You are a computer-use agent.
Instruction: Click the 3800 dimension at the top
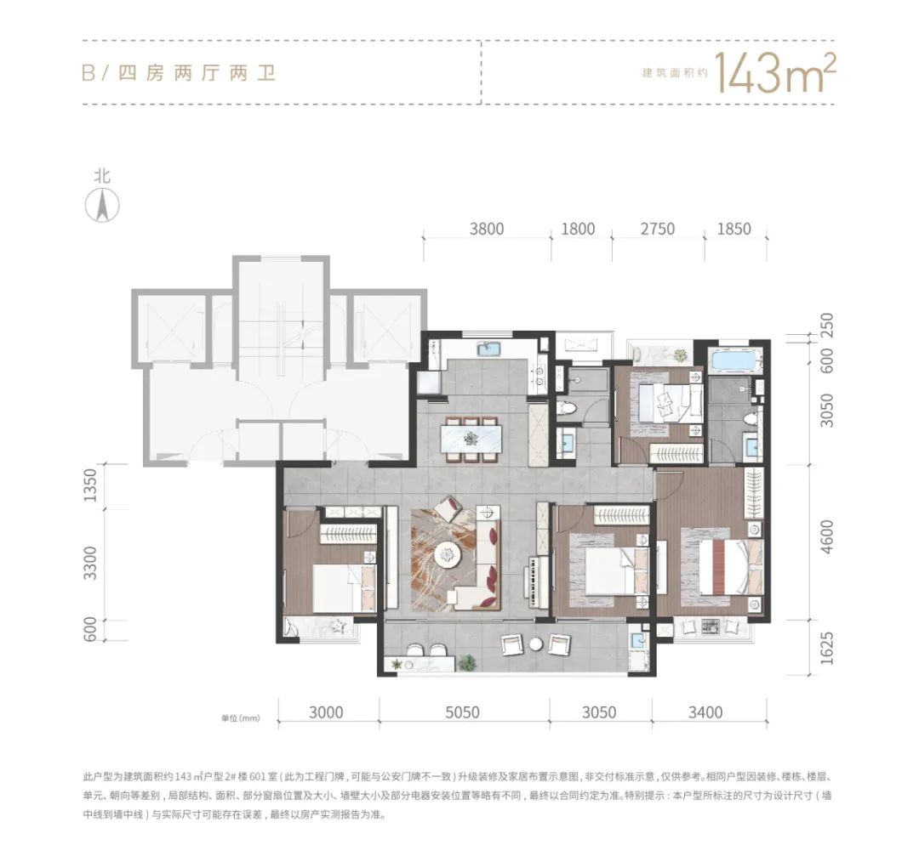pos(487,229)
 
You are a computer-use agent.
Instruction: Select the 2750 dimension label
pos(658,229)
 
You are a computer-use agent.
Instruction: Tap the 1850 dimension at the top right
pos(733,229)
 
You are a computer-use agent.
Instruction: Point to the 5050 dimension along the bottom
pos(462,712)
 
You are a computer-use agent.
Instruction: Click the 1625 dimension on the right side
pos(825,648)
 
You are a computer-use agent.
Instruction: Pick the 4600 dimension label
pos(825,537)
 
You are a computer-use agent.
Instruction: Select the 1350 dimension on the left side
pos(89,485)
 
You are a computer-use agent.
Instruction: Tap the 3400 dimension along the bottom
pos(705,712)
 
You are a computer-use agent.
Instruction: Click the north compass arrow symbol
pos(103,206)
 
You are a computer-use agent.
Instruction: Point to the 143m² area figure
pos(773,73)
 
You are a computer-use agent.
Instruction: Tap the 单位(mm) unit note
pos(240,718)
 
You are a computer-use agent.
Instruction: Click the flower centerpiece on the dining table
pos(471,438)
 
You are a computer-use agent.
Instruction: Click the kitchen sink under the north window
pos(488,349)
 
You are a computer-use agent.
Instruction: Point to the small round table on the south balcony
pos(536,644)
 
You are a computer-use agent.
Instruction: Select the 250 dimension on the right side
pos(825,326)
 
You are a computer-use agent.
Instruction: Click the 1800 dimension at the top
pos(578,229)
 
